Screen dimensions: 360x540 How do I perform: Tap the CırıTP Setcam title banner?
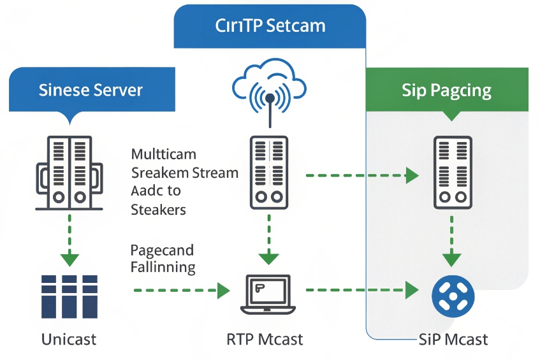click(270, 26)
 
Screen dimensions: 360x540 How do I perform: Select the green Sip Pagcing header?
click(446, 90)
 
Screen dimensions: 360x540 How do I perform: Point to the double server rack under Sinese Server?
click(69, 172)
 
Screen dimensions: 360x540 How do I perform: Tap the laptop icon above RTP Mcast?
click(269, 294)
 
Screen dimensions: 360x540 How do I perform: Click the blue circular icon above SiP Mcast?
click(453, 295)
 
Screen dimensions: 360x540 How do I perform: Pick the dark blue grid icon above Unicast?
click(69, 296)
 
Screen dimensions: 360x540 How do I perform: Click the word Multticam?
click(163, 155)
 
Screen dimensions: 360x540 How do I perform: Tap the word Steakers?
click(158, 209)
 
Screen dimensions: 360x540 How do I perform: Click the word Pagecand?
click(162, 250)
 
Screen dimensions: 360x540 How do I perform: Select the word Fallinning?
click(163, 267)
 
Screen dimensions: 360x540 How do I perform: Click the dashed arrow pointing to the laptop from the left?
click(182, 291)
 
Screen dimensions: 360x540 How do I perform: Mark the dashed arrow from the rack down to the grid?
click(69, 239)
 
